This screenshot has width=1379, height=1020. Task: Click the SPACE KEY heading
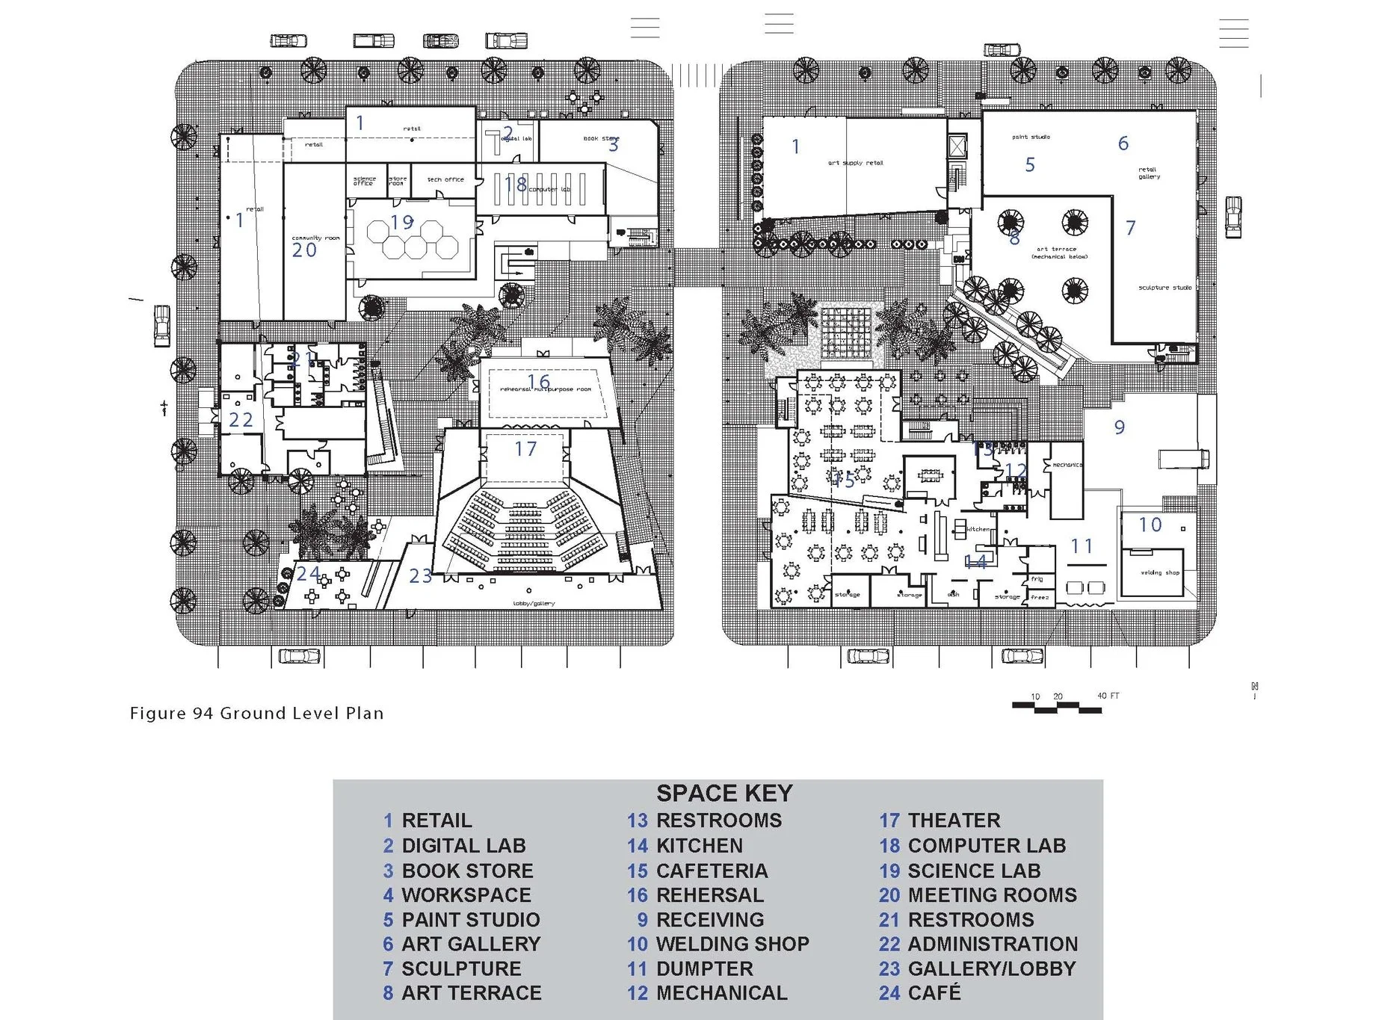click(x=724, y=793)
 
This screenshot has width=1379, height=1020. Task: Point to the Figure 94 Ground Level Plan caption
click(x=256, y=713)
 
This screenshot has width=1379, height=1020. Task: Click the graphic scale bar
click(x=1056, y=705)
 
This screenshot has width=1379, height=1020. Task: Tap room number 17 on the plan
click(x=525, y=449)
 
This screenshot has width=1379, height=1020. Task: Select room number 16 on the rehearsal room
click(x=538, y=382)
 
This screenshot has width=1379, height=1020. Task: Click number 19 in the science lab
click(x=402, y=222)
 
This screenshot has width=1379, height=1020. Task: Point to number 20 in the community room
click(x=304, y=250)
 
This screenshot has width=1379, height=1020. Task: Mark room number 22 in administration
click(x=241, y=420)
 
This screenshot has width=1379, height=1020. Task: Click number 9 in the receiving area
click(x=1119, y=427)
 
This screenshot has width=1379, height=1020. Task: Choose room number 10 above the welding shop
click(x=1150, y=525)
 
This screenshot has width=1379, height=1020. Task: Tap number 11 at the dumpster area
click(x=1082, y=546)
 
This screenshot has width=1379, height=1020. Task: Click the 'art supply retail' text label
click(x=855, y=163)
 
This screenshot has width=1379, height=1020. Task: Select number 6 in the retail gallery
click(x=1123, y=143)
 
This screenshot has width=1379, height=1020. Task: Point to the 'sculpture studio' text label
click(x=1164, y=288)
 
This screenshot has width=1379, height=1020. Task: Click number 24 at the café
click(x=308, y=574)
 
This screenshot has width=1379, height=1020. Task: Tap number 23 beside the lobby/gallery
click(x=420, y=575)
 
